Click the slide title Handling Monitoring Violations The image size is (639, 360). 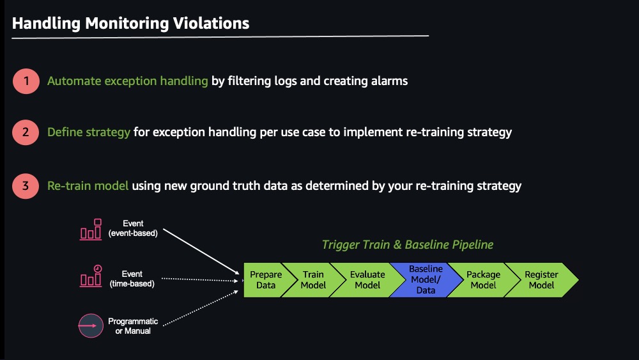(130, 24)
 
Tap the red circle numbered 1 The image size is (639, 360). (26, 81)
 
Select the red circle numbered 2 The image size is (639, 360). (26, 132)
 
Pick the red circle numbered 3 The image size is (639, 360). (26, 186)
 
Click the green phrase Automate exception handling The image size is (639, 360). (128, 81)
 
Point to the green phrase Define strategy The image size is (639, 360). (88, 132)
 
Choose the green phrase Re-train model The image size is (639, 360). (88, 186)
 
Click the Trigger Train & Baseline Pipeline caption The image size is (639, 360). (408, 245)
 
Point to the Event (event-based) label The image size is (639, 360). (133, 228)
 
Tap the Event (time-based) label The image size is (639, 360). (132, 279)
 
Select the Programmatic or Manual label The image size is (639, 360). (133, 326)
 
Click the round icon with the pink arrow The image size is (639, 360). (91, 325)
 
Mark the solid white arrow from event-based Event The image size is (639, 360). (201, 251)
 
